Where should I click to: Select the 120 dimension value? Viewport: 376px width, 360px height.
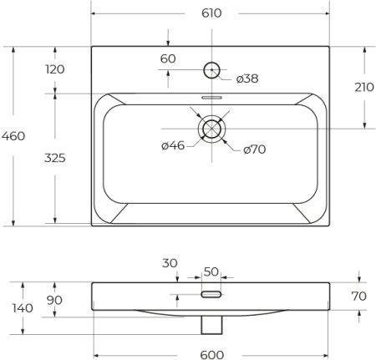pos(55,69)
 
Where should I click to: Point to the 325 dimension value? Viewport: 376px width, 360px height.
pos(55,158)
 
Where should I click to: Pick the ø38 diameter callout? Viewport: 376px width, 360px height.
pos(246,79)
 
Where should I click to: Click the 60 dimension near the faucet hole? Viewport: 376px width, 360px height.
pos(168,58)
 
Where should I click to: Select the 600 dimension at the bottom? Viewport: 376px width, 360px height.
pos(212,354)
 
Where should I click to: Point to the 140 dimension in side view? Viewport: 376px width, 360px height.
pos(23,308)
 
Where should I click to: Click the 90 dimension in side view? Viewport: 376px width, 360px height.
pos(55,301)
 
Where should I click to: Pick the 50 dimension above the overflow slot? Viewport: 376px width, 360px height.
pos(211,271)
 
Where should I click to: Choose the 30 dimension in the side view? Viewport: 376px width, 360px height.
pos(170,262)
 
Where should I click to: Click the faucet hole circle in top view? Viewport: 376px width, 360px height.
pos(211,71)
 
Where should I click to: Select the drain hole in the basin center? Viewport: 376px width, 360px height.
pos(211,129)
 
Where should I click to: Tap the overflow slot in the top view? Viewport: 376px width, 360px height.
pos(211,96)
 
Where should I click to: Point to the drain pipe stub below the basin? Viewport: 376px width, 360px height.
pos(211,321)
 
